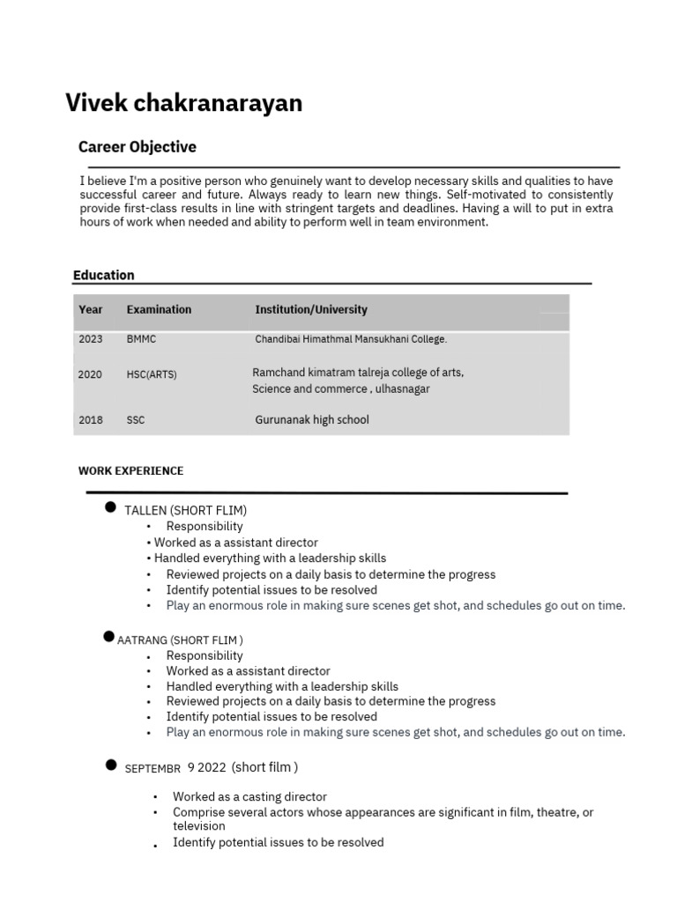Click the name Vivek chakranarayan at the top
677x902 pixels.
183,104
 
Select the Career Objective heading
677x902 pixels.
137,147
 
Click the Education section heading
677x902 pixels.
104,275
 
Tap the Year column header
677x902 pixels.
90,310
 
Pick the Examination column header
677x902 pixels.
159,310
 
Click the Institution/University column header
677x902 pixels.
311,310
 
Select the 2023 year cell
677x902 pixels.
90,338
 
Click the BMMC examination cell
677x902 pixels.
141,338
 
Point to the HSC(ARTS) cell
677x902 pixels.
152,374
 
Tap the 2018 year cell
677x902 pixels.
90,420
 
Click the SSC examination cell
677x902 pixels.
135,420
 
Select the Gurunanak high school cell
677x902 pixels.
311,420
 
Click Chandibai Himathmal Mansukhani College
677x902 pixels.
351,338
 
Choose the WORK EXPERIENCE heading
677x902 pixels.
130,471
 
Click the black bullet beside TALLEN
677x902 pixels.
111,507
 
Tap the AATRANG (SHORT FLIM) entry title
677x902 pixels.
180,640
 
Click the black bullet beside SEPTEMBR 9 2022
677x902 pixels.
111,765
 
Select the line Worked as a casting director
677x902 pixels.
249,796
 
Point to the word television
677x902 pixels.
198,826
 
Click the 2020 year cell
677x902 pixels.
90,374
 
